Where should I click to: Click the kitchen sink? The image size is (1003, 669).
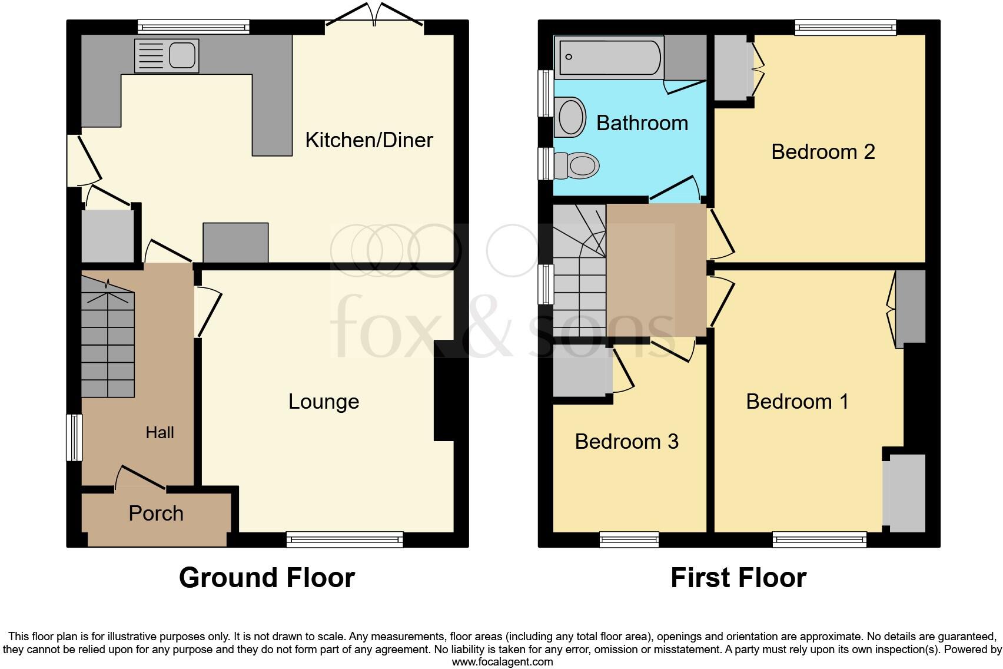(x=167, y=56)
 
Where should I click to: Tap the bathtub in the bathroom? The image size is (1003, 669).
(x=609, y=57)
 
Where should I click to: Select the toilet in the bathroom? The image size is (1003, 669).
(x=577, y=165)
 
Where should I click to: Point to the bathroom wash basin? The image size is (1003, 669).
(x=570, y=117)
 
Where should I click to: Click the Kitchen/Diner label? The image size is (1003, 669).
(x=369, y=140)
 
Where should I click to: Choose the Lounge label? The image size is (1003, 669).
(x=324, y=402)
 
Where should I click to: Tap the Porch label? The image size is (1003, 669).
(x=156, y=514)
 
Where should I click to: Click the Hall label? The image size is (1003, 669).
(x=160, y=433)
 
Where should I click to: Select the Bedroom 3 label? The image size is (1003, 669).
(x=626, y=442)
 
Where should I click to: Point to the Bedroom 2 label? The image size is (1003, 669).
(x=823, y=152)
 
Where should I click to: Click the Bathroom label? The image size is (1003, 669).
(x=642, y=123)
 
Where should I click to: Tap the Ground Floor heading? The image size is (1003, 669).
(x=267, y=578)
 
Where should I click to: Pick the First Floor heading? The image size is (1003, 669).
(x=738, y=578)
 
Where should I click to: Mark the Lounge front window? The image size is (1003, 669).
(x=344, y=539)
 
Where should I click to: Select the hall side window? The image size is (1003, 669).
(x=74, y=437)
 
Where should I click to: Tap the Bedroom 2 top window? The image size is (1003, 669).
(x=845, y=27)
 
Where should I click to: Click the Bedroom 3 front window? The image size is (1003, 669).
(x=629, y=539)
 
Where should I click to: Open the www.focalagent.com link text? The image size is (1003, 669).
(x=502, y=662)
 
